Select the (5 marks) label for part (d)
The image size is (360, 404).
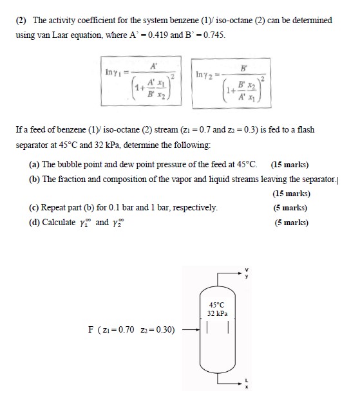coord(290,223)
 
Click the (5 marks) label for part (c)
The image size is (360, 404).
coord(290,208)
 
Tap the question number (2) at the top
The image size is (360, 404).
coord(22,20)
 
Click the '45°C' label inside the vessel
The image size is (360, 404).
coord(217,304)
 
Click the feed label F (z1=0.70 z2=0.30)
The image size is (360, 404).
coord(131,330)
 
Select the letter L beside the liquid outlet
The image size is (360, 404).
coord(245,381)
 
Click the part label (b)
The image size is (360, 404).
coord(35,178)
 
